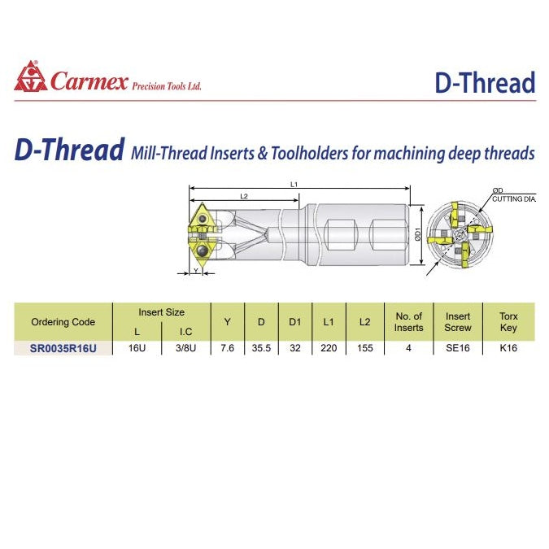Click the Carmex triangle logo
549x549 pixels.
(x=31, y=76)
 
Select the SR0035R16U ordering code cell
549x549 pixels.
(x=63, y=348)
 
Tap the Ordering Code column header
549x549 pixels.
(x=63, y=322)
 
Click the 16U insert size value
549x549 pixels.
(x=137, y=347)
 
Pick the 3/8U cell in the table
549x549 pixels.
(x=184, y=347)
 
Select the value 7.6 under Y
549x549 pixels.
(x=228, y=347)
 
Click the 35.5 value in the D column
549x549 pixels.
(x=261, y=347)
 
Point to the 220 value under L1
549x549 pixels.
(x=329, y=347)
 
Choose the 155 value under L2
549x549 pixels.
(x=364, y=347)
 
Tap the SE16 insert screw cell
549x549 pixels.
(x=458, y=347)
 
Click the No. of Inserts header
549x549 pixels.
(x=408, y=322)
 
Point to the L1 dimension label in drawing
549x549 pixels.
(x=294, y=185)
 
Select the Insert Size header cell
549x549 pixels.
(x=161, y=312)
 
